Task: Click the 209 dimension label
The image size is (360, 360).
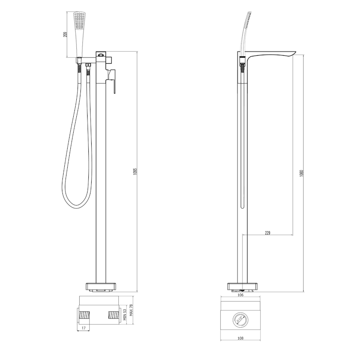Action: coord(66,34)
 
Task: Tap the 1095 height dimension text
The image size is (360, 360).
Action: coord(135,172)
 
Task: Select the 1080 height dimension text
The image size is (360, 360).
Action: coord(302,173)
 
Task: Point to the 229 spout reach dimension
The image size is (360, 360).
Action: coord(268,233)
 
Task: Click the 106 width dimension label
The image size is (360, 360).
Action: coord(240,295)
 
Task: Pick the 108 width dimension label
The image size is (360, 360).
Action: coord(240,338)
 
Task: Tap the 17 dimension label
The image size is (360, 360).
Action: coord(84,328)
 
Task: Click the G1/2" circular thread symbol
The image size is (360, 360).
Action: coord(240,319)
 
